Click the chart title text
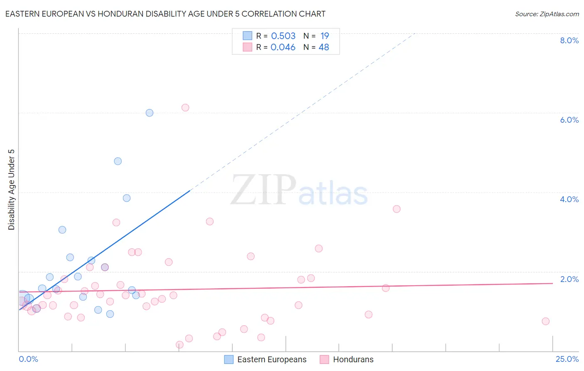click(165, 14)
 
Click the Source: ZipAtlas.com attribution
click(547, 14)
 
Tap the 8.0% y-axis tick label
click(569, 40)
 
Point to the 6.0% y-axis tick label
click(569, 120)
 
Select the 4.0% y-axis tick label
click(569, 199)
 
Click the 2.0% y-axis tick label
click(569, 279)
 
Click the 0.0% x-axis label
click(28, 359)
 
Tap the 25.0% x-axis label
click(567, 359)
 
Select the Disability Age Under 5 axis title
click(12, 189)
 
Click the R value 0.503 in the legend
click(283, 36)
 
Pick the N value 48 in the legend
click(324, 47)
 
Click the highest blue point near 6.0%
click(150, 113)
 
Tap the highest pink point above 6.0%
click(185, 108)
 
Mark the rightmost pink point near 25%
click(545, 321)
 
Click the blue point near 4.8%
click(118, 161)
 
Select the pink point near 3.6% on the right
click(397, 209)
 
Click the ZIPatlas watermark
click(299, 190)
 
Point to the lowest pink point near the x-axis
click(179, 345)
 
